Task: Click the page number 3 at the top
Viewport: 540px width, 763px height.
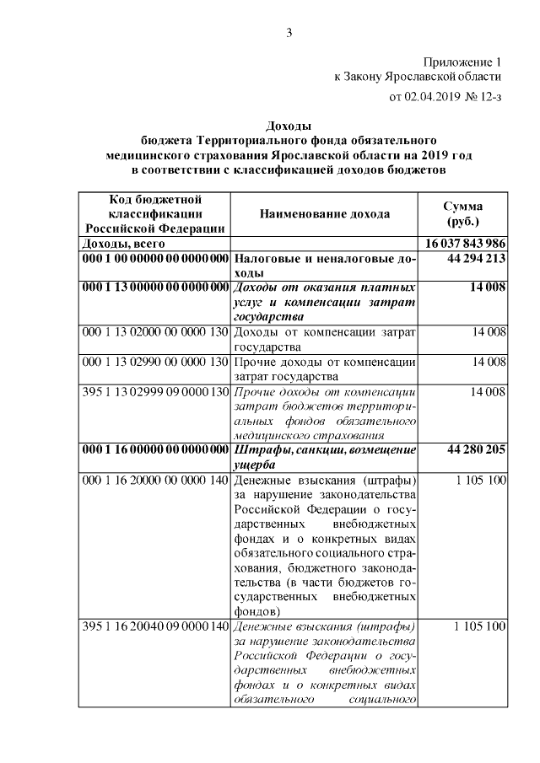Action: (x=289, y=33)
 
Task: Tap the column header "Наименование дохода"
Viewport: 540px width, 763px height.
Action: (x=325, y=214)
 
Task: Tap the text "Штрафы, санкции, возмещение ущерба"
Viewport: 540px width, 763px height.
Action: (x=325, y=457)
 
